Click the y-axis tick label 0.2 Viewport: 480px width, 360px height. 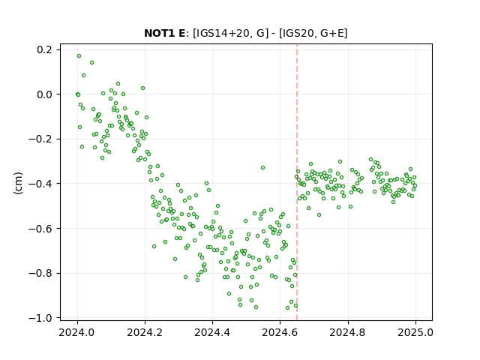click(45, 49)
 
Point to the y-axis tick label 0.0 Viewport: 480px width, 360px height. click(45, 94)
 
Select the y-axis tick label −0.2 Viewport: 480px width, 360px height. click(41, 139)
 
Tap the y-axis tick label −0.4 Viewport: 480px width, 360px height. click(41, 184)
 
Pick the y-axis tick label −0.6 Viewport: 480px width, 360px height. click(41, 228)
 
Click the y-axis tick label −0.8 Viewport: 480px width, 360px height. click(41, 273)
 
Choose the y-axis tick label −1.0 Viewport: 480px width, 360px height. click(41, 318)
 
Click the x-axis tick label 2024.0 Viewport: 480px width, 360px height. click(77, 332)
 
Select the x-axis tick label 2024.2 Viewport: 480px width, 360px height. click(145, 332)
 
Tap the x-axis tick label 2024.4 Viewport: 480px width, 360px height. click(212, 332)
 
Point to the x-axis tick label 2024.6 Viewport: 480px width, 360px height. click(280, 332)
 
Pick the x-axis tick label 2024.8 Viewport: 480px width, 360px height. click(348, 332)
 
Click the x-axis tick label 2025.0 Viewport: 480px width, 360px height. click(415, 332)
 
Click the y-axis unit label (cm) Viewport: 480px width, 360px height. click(18, 183)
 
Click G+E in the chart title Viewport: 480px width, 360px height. click(332, 33)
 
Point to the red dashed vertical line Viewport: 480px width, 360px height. click(297, 182)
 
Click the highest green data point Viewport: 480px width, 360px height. click(79, 56)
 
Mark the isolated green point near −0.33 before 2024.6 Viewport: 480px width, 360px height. click(262, 168)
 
